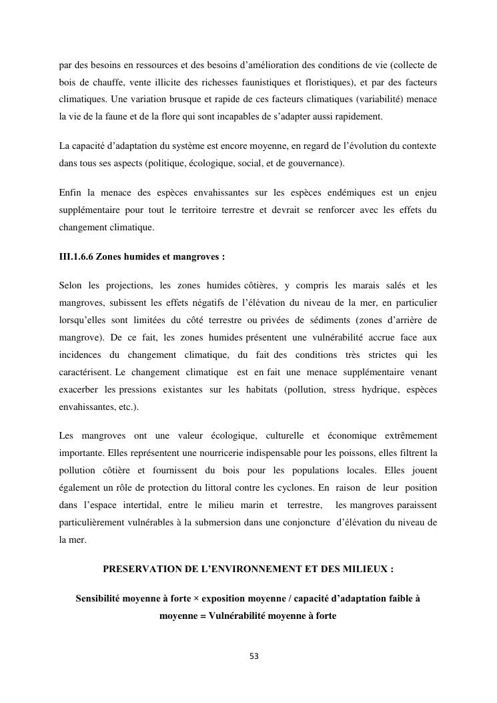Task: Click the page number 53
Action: tap(254, 656)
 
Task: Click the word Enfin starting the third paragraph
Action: tap(70, 193)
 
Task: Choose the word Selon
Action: tap(70, 286)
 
